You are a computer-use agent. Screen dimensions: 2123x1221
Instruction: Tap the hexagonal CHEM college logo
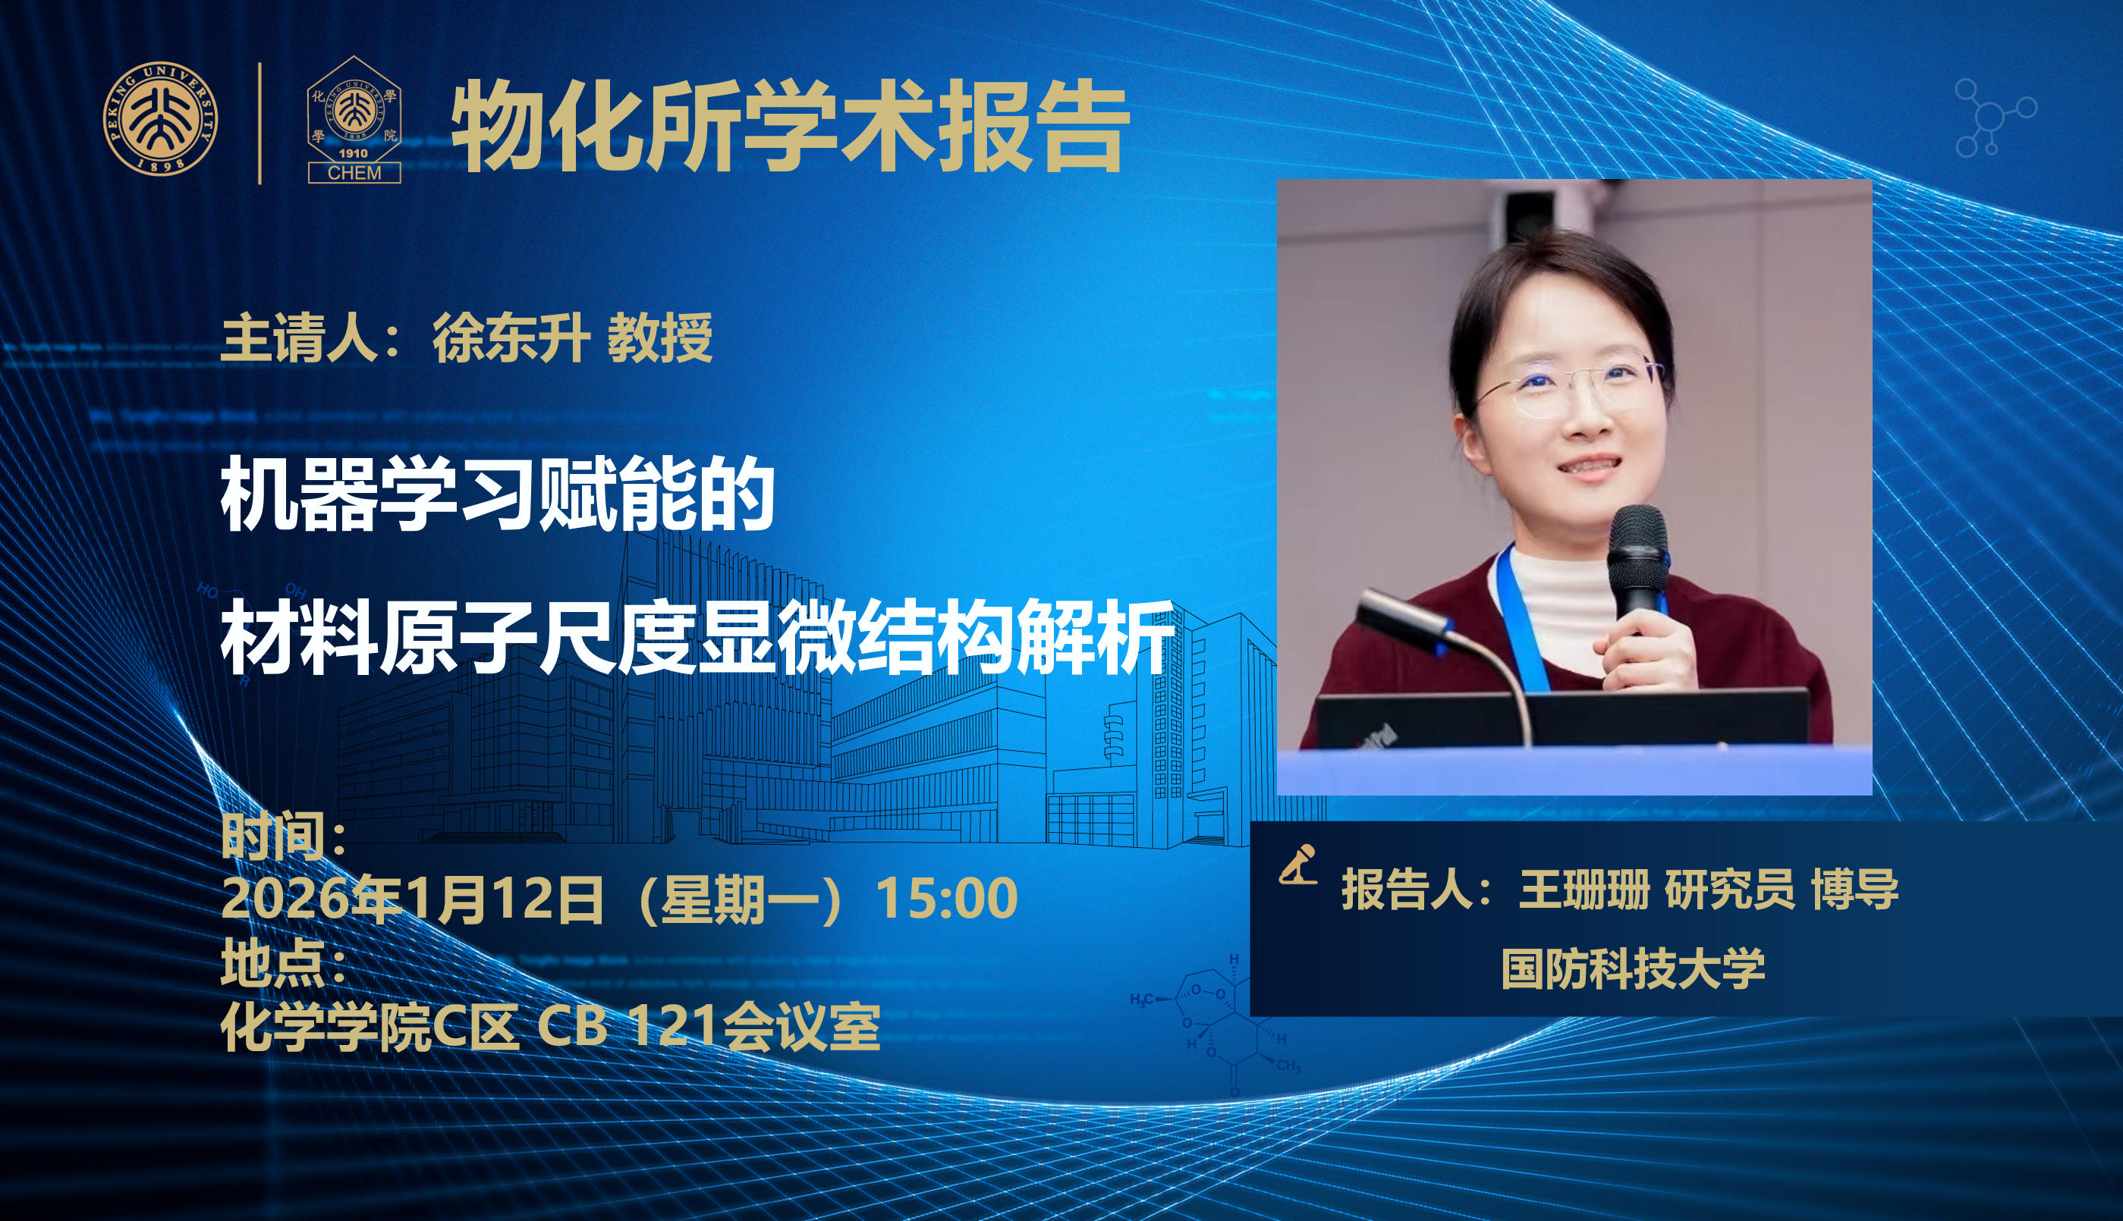pos(354,120)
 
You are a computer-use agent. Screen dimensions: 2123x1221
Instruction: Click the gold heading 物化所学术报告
pos(791,127)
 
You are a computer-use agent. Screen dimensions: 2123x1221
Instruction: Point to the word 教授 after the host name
pos(660,338)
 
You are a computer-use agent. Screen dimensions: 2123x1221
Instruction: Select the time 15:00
pos(947,899)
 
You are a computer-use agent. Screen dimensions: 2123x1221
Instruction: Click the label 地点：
pos(285,964)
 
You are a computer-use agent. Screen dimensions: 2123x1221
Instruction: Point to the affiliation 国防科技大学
pos(1633,969)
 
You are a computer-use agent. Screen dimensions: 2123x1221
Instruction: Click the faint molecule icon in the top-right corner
pos(1996,117)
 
